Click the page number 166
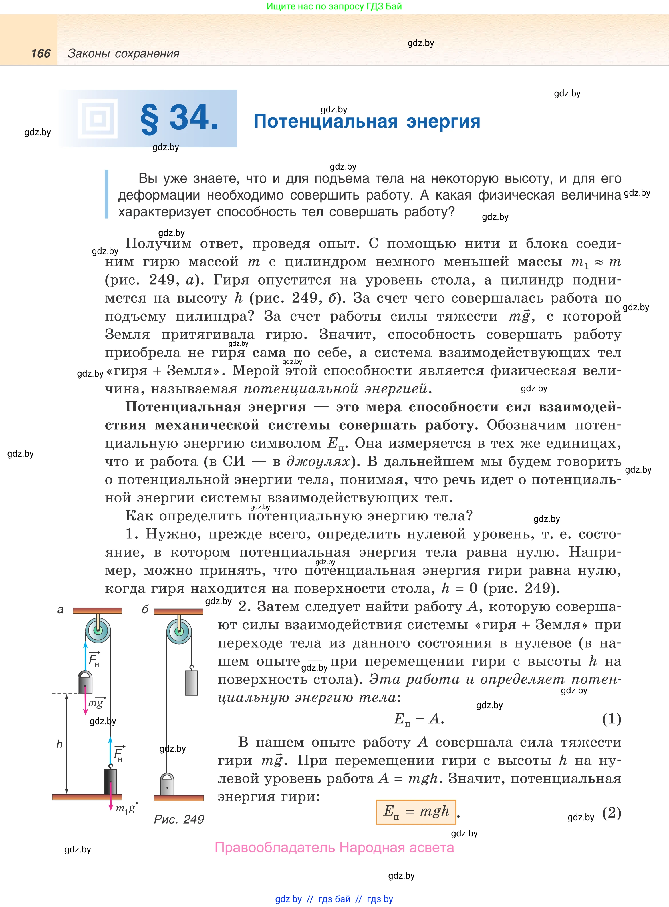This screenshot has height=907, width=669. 41,53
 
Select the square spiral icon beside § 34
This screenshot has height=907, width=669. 97,119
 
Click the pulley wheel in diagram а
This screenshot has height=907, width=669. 98,630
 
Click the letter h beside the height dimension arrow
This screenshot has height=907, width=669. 59,744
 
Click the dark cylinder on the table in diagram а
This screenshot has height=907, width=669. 110,781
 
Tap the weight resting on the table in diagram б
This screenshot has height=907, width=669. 167,784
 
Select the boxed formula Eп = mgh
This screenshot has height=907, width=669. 416,811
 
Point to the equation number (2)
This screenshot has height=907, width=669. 611,812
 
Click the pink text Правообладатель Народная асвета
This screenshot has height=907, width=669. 334,847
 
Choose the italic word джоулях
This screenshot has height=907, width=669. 318,462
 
